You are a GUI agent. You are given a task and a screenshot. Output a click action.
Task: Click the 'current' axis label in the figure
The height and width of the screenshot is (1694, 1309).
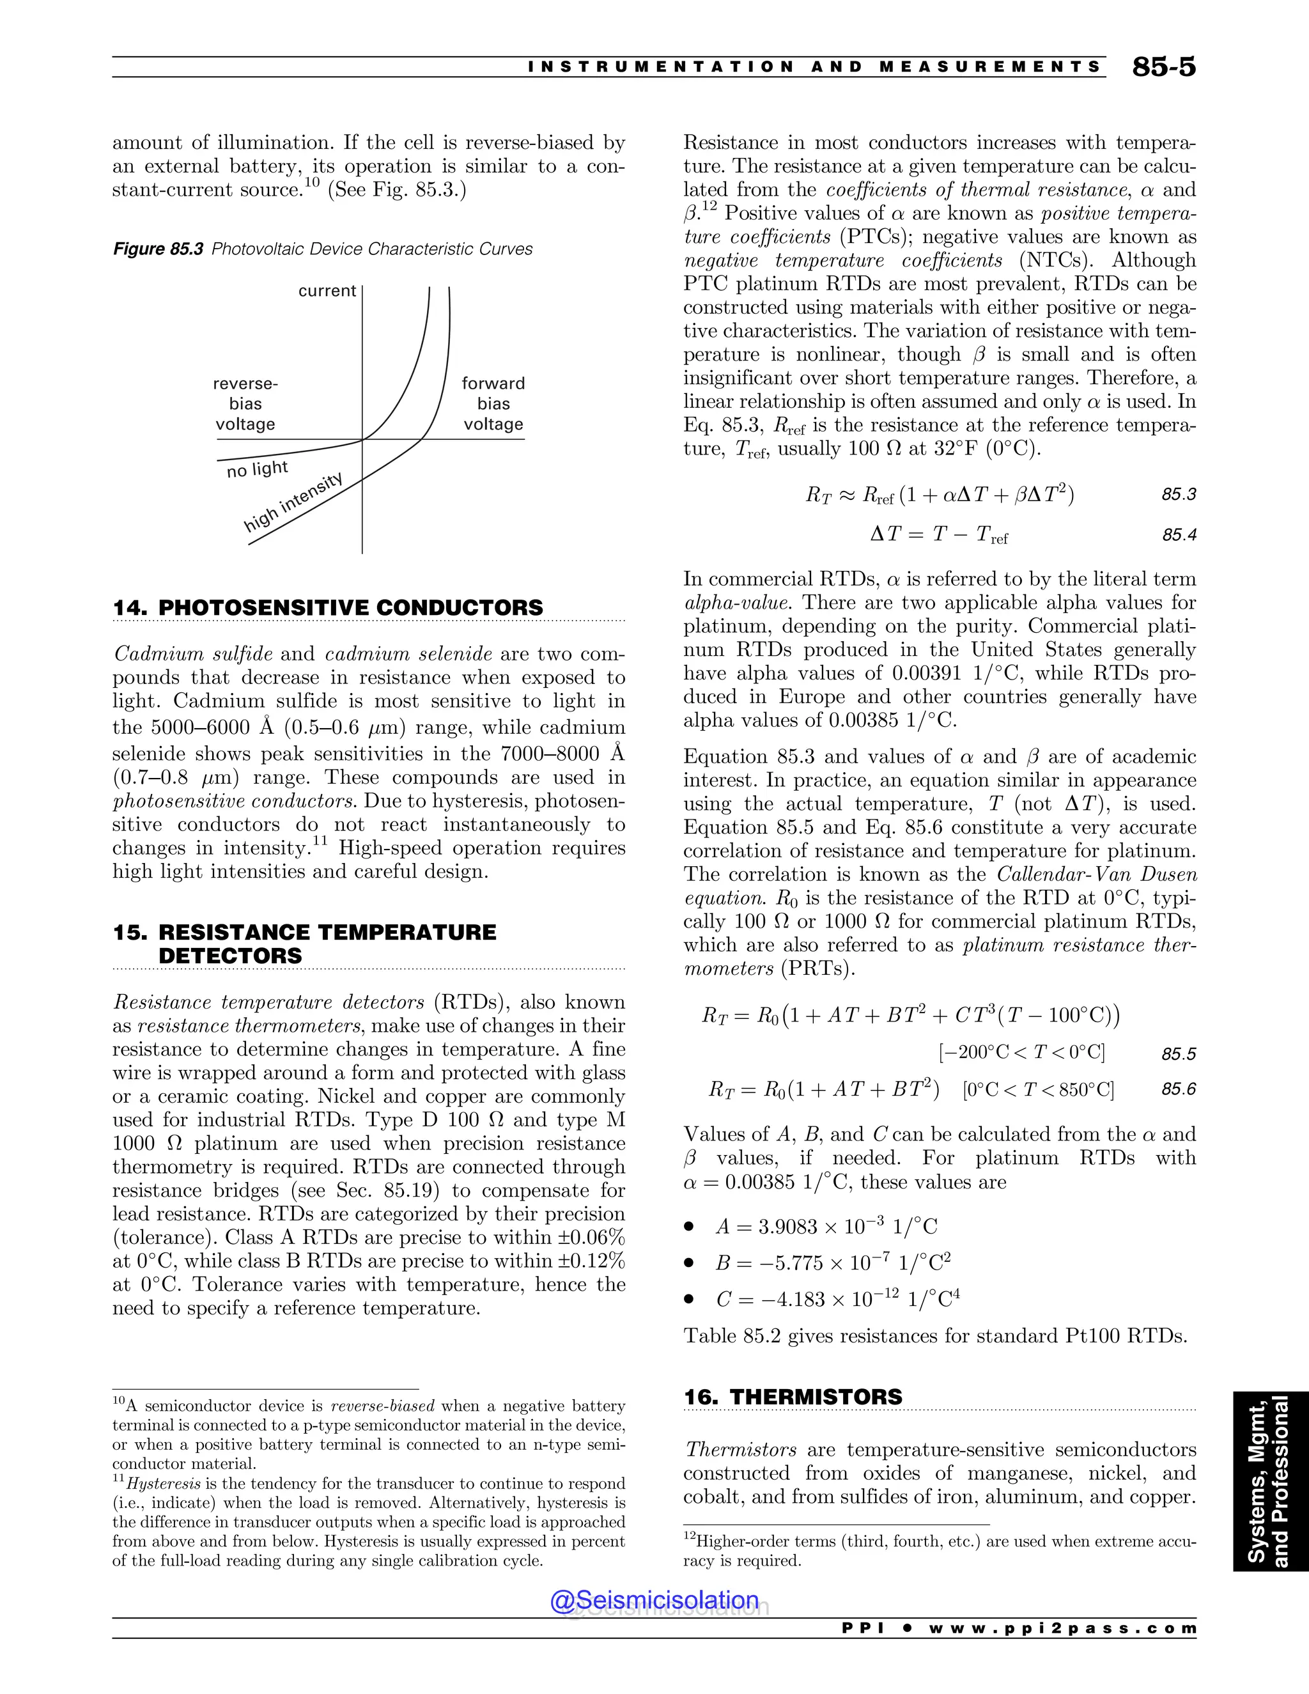tap(327, 291)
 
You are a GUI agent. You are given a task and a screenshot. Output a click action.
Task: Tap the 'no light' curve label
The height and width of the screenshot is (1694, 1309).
tap(257, 469)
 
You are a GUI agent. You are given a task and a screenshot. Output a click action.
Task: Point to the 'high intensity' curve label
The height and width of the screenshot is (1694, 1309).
tap(293, 502)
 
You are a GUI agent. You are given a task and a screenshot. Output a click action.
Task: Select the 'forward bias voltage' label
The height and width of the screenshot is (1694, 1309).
tap(493, 403)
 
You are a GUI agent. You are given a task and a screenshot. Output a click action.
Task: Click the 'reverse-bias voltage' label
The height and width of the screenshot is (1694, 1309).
tap(245, 403)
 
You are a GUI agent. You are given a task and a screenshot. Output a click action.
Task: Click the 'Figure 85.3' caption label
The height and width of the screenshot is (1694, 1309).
tap(159, 249)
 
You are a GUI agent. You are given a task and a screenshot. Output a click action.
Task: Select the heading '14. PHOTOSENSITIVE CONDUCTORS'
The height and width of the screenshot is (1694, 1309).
tap(328, 607)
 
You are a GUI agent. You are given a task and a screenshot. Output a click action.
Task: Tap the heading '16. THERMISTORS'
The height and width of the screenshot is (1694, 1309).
tap(793, 1396)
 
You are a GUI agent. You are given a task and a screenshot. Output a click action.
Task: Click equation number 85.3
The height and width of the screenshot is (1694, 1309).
tap(1178, 495)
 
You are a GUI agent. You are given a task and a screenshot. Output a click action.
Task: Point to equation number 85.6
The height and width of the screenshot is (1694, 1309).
tap(1178, 1090)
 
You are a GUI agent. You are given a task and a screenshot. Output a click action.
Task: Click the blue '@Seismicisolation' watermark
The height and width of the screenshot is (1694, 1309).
tap(654, 1600)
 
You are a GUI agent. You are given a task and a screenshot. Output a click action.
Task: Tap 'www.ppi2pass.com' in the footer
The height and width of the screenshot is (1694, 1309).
tap(1062, 1628)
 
